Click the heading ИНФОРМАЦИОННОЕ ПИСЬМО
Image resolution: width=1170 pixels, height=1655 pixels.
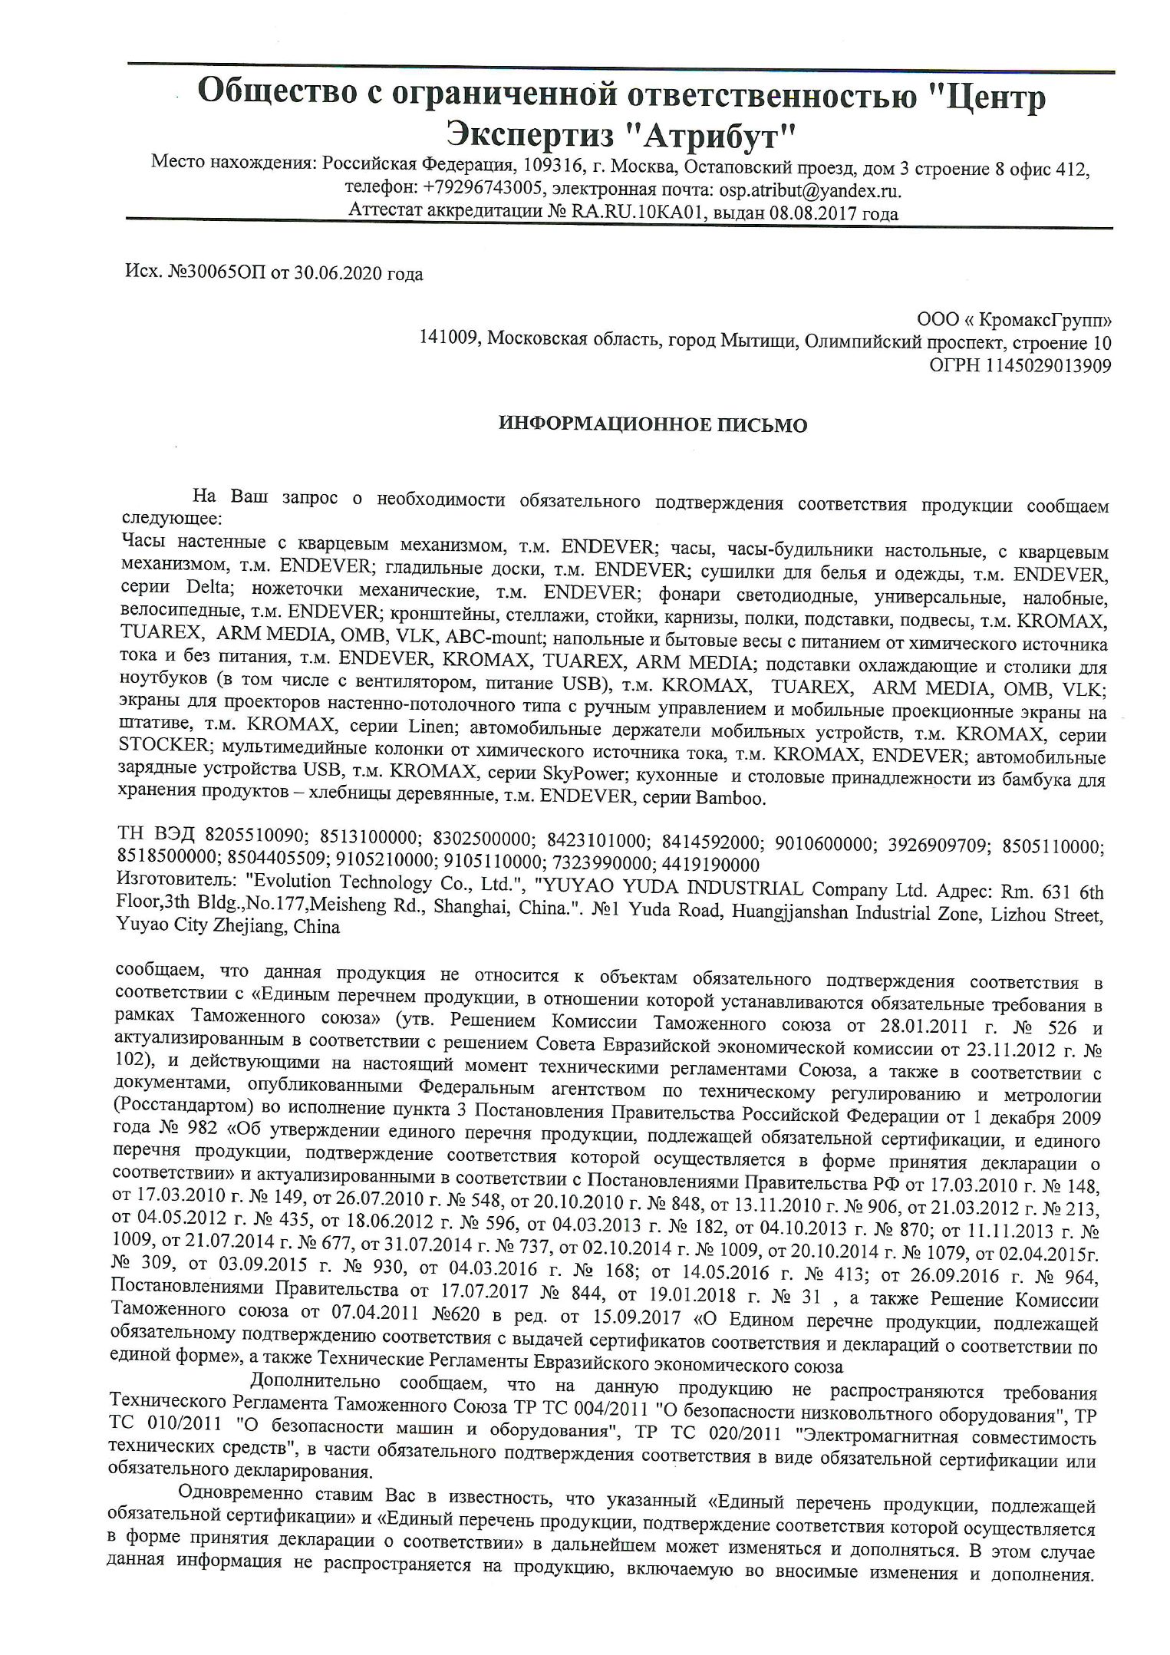click(x=653, y=424)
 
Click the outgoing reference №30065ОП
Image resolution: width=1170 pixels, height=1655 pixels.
click(x=216, y=274)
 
